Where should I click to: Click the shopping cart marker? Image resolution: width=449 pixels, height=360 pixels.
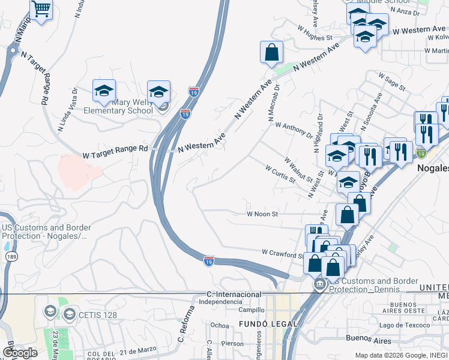coord(41,10)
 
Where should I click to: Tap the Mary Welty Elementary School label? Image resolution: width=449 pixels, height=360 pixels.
coord(118,106)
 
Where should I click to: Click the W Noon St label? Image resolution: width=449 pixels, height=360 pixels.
coord(262,214)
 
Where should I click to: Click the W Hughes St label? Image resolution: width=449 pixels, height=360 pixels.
coord(315,32)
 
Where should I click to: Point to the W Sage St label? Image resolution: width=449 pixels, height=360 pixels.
coord(393,82)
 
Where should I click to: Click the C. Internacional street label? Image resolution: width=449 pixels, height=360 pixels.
coord(234,294)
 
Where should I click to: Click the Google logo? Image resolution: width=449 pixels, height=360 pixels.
coord(20,352)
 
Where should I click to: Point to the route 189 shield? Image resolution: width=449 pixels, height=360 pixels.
coord(11,257)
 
